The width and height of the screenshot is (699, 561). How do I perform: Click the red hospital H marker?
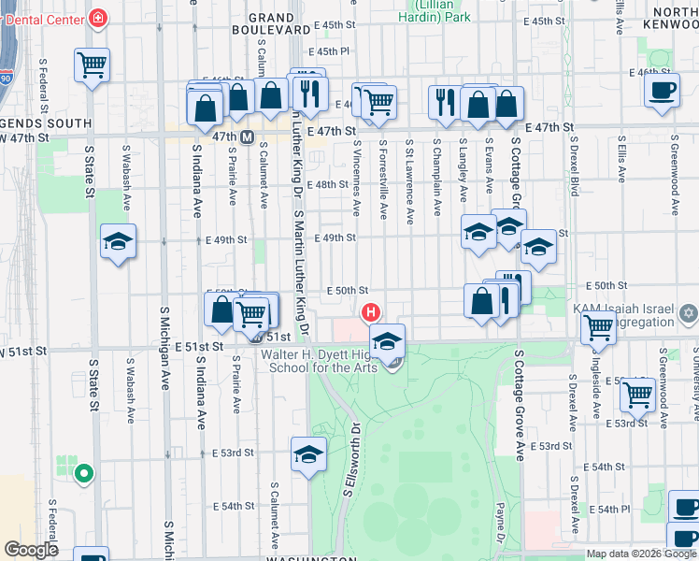(x=371, y=311)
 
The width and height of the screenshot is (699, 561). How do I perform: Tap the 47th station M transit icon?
(x=248, y=137)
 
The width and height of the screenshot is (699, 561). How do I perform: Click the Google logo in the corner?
(x=32, y=550)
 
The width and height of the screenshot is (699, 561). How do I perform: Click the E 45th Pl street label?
(x=332, y=51)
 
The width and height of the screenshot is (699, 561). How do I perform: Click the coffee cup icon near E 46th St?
(x=663, y=92)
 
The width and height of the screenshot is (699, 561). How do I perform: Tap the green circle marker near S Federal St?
(x=83, y=474)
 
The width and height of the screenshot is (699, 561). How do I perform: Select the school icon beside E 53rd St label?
(x=308, y=454)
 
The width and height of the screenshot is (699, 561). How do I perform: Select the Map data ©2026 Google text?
(x=641, y=554)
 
